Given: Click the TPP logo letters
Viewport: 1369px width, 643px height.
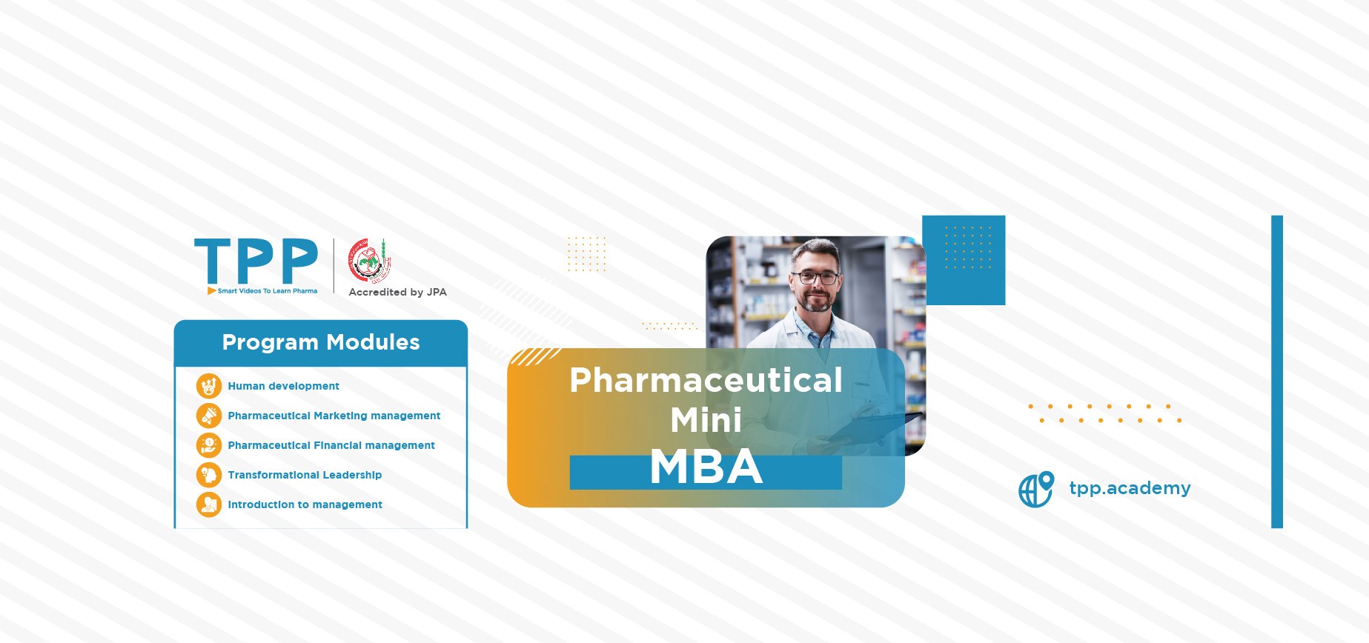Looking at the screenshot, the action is click(256, 261).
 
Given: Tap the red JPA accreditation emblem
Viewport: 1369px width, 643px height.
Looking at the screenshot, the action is click(369, 261).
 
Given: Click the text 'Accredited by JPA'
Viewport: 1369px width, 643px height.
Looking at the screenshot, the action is click(398, 292).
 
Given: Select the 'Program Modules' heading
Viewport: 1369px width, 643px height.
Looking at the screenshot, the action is click(321, 342).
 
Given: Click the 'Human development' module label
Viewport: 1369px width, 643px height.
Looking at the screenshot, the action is click(283, 386).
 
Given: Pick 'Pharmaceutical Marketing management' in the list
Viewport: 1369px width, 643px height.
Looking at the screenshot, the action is click(334, 416).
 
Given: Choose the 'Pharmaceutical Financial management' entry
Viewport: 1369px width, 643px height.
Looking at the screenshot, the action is click(331, 445).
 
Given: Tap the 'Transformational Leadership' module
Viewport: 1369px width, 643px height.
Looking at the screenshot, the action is click(305, 475).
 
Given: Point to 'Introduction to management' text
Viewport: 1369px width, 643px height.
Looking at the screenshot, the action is click(305, 504).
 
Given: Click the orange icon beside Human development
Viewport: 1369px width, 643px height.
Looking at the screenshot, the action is click(209, 386).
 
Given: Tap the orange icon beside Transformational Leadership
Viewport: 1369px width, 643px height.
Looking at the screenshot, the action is click(209, 475).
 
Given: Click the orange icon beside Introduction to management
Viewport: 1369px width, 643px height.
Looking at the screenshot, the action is click(209, 504).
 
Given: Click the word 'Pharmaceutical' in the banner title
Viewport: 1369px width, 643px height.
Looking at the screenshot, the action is click(706, 381).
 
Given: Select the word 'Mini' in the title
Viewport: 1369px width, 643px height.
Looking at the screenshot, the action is click(706, 420).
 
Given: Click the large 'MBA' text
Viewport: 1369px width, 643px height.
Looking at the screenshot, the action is click(706, 467).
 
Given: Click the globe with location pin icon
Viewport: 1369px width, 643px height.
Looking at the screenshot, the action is click(1036, 489).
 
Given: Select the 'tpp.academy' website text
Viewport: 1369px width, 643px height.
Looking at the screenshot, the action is click(1130, 488).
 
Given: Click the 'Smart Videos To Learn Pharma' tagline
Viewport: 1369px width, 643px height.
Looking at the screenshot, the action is click(268, 291).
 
